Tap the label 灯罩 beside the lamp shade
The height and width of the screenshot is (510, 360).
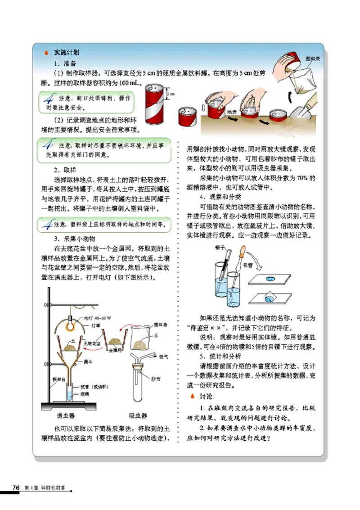[96, 324]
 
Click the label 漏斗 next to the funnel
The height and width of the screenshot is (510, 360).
[83, 361]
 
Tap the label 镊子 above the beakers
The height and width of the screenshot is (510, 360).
[220, 248]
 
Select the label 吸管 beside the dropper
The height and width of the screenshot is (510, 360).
[248, 266]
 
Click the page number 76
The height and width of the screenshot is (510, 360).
[16, 488]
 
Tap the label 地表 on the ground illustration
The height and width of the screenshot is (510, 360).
[232, 111]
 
